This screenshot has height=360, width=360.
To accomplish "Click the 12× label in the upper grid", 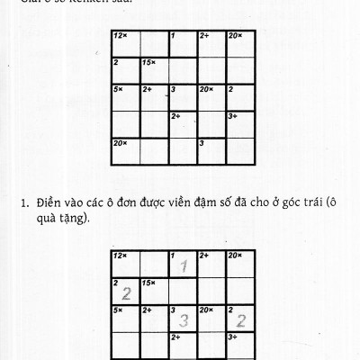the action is [x=120, y=35].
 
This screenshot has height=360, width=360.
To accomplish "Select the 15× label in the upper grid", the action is [x=148, y=62].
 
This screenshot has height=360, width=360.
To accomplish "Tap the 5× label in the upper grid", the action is [x=119, y=89].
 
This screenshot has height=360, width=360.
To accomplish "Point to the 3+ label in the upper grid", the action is [x=233, y=115].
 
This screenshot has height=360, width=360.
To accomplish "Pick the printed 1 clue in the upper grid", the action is [x=172, y=35].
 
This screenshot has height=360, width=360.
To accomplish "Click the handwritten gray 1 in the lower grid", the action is [x=183, y=266].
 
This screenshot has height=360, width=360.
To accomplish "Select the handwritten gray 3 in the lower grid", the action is [x=184, y=320].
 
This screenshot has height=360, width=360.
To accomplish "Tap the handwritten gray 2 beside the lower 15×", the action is [x=127, y=293].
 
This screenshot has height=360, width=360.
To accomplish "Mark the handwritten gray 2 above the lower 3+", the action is [x=240, y=320].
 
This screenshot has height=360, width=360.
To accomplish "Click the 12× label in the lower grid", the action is [x=120, y=256].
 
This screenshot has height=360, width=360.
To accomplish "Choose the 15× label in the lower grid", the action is [x=148, y=283].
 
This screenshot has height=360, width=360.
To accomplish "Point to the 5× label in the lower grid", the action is [x=119, y=310].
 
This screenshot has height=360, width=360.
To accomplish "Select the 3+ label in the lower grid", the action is [x=233, y=337].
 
